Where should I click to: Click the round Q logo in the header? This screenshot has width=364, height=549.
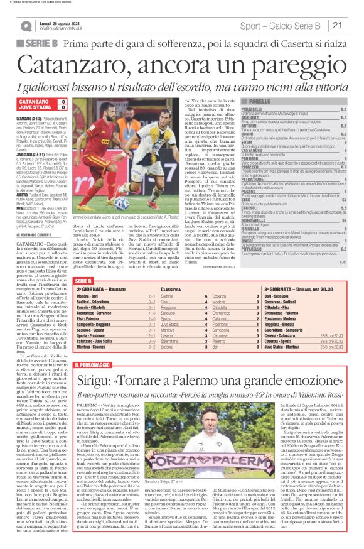tap(25, 26)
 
